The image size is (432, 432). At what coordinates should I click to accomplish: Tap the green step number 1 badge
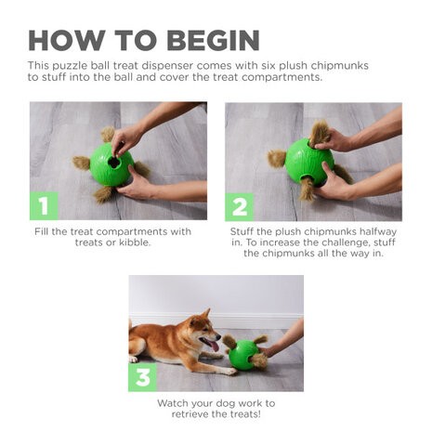click(44, 206)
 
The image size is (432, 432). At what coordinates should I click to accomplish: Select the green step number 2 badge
click(239, 206)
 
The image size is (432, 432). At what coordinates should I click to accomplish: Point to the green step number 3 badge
click(142, 378)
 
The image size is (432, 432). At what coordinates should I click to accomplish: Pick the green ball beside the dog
click(244, 355)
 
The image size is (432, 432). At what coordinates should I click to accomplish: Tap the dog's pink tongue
click(215, 346)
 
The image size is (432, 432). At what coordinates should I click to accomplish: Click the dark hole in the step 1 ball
click(114, 161)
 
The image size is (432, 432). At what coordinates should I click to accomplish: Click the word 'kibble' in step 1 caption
click(136, 242)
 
